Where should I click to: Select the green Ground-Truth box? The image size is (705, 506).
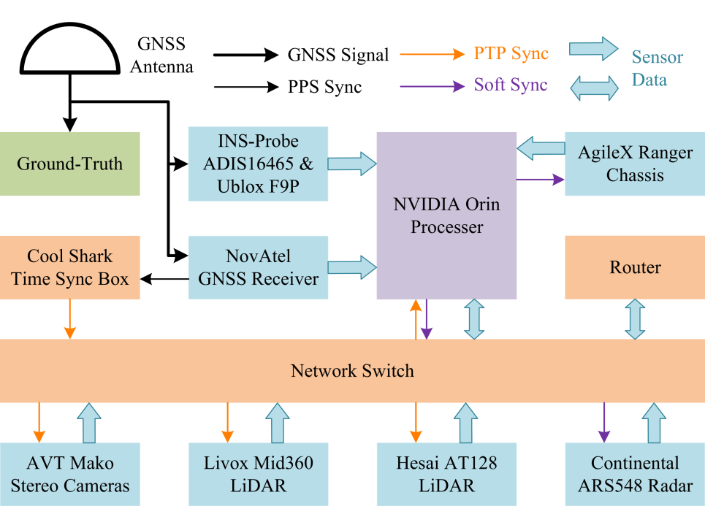coord(70,164)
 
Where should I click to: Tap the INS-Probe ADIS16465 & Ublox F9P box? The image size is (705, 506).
coord(258,164)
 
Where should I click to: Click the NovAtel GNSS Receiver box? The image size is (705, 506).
coord(258,267)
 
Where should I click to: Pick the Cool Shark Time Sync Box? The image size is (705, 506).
coord(70,267)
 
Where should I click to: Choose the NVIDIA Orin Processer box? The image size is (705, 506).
coord(446,215)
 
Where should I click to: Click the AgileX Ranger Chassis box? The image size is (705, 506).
coord(634,164)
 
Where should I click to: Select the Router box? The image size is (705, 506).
coord(634,267)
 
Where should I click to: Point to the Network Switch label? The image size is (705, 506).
coord(352,371)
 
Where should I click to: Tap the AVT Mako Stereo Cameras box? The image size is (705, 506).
coord(70,474)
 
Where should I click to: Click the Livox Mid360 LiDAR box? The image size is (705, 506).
coord(258,474)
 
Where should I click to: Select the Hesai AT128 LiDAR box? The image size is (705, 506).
coord(446,474)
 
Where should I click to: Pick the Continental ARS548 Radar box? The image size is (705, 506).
coord(634,474)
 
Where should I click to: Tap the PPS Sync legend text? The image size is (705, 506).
coord(324,87)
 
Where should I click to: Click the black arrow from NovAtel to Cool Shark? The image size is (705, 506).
coord(164,278)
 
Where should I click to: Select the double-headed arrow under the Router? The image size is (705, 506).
coord(634,319)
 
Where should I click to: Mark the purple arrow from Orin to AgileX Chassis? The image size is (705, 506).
coord(540,179)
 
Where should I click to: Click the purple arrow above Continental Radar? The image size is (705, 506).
coord(604,422)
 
